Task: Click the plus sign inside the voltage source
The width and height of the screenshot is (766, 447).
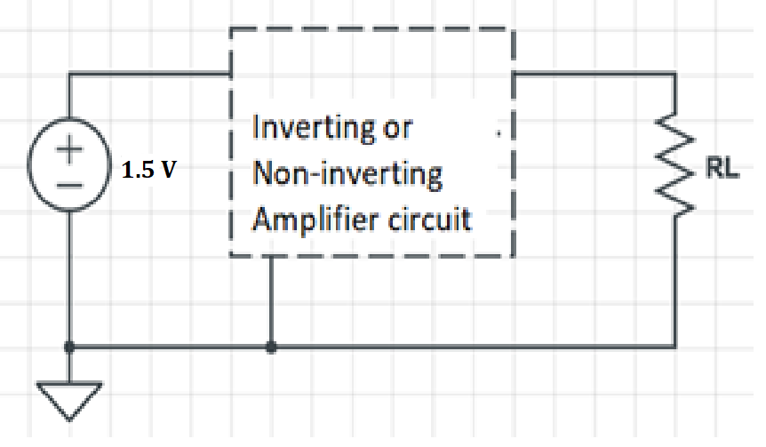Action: (69, 150)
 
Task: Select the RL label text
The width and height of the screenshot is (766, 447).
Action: (722, 170)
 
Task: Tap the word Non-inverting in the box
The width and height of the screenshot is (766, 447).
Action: (347, 173)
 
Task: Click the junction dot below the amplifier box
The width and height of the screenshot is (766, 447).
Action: (271, 347)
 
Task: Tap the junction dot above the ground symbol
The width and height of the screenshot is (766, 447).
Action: (69, 347)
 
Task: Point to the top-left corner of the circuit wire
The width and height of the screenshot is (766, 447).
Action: (69, 76)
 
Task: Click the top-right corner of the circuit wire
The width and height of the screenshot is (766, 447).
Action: (674, 76)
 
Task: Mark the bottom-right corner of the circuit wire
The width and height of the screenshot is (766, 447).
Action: (674, 347)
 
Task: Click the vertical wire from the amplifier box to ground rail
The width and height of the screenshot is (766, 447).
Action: (271, 302)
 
